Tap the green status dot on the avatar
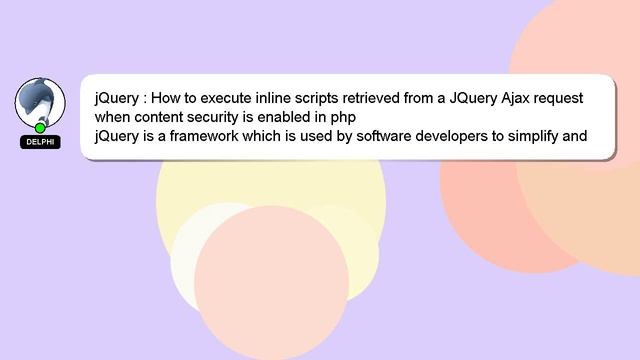(40, 128)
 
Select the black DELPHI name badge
(40, 142)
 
